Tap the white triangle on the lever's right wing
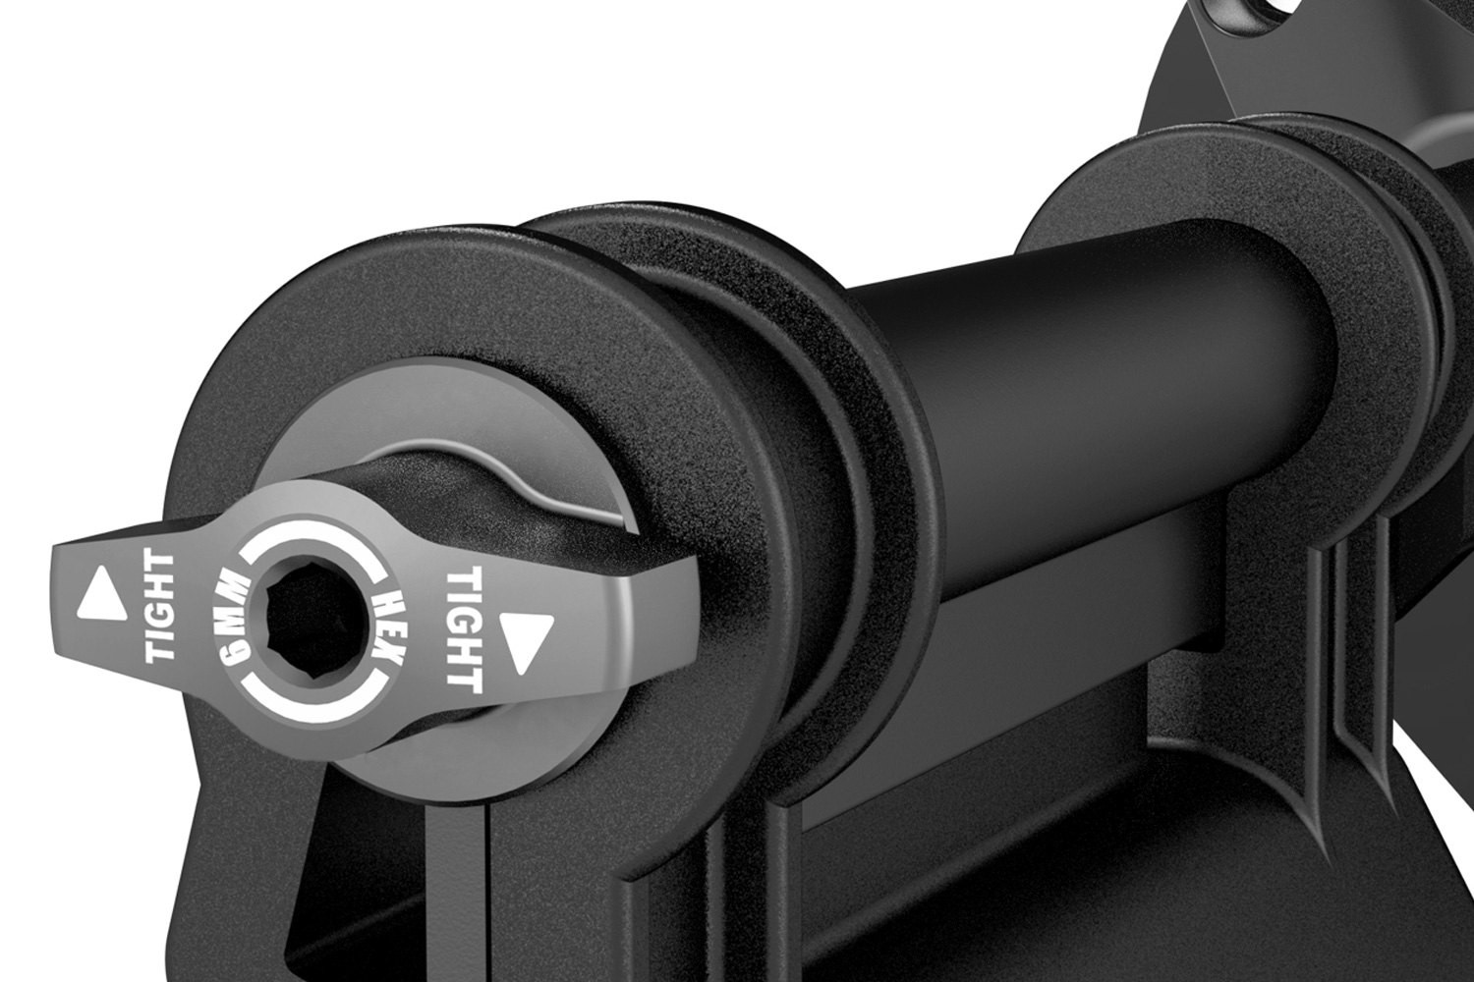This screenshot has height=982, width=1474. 528,642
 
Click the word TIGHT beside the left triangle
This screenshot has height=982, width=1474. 159,607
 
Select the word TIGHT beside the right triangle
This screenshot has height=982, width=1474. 465,630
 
